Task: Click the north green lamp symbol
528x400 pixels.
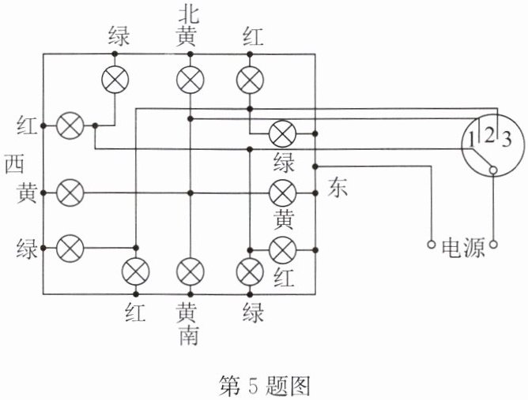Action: (x=115, y=80)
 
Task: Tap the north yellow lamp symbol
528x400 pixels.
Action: (x=190, y=80)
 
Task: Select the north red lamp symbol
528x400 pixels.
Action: (x=250, y=80)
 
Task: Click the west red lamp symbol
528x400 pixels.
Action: (x=72, y=125)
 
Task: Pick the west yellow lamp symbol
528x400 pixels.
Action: (x=72, y=192)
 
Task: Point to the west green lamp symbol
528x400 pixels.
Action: (x=72, y=248)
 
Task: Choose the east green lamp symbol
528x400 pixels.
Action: (x=282, y=133)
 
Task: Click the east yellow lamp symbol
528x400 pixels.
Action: (x=282, y=192)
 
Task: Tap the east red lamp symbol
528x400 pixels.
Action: (x=282, y=249)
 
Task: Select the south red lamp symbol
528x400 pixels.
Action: (x=134, y=271)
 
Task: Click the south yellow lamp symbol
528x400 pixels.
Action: (x=190, y=271)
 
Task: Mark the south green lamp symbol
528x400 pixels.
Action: (x=250, y=271)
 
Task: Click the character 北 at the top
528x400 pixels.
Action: (x=189, y=13)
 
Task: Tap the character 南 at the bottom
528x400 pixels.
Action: (x=189, y=336)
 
